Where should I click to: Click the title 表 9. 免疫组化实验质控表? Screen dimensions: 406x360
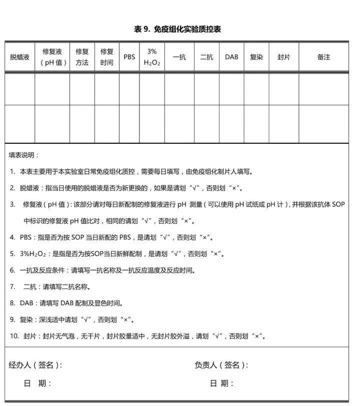point(177,29)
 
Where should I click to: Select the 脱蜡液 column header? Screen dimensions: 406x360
point(20,57)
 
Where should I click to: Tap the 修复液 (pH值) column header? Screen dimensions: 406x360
point(52,57)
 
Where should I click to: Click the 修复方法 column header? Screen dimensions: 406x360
point(82,57)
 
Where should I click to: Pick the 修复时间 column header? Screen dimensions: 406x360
point(106,57)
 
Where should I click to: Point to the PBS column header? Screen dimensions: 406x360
point(129,57)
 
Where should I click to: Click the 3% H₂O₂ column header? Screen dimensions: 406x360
point(152,57)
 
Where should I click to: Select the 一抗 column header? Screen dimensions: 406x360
point(179,57)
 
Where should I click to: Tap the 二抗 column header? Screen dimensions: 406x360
point(206,57)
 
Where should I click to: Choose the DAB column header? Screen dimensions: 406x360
point(231,57)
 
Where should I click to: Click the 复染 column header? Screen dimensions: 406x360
point(256,57)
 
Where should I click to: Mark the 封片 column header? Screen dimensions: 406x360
point(283,57)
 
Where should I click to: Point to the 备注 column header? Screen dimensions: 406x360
point(323,57)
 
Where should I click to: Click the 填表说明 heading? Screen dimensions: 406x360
point(23,155)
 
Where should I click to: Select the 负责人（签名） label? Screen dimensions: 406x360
point(221,365)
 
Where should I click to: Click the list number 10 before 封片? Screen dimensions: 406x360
point(14,336)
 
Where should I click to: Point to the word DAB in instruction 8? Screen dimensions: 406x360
point(26,303)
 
